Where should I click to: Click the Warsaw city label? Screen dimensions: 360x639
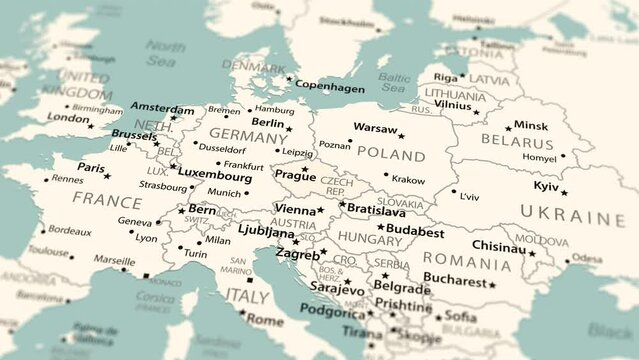click(375, 128)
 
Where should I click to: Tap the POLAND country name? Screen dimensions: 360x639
click(390, 155)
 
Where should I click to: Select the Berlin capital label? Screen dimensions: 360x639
click(267, 122)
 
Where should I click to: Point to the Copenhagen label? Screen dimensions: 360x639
click(331, 87)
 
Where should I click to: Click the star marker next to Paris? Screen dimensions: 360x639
click(108, 176)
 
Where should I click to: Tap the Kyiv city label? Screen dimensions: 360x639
click(546, 186)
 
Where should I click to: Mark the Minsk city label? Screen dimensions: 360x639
click(530, 126)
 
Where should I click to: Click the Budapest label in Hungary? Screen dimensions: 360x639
click(414, 231)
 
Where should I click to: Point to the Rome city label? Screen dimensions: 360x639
click(265, 320)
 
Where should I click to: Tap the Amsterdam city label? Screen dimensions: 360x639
click(163, 109)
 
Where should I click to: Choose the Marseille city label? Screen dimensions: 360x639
click(115, 259)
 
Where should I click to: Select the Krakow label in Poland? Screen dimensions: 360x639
click(408, 179)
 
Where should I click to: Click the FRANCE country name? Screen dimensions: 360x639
click(107, 199)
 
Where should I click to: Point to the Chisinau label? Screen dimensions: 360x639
click(498, 245)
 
